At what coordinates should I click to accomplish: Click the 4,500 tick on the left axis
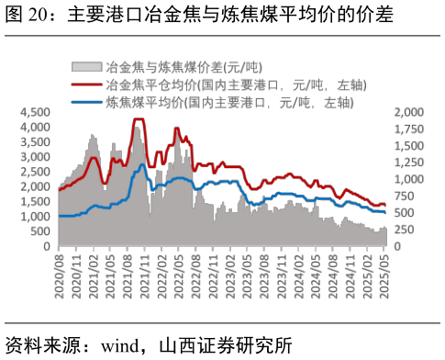[x=36, y=111]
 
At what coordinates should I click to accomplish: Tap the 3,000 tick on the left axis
[x=36, y=156]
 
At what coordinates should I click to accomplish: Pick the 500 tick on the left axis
[x=41, y=231]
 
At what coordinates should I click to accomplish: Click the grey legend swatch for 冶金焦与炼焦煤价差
[x=86, y=67]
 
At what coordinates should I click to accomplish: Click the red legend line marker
[x=86, y=84]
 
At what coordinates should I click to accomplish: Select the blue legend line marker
[x=86, y=101]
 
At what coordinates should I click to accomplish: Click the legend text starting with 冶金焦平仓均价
[x=237, y=84]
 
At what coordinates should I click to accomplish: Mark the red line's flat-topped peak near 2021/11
[x=139, y=119]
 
